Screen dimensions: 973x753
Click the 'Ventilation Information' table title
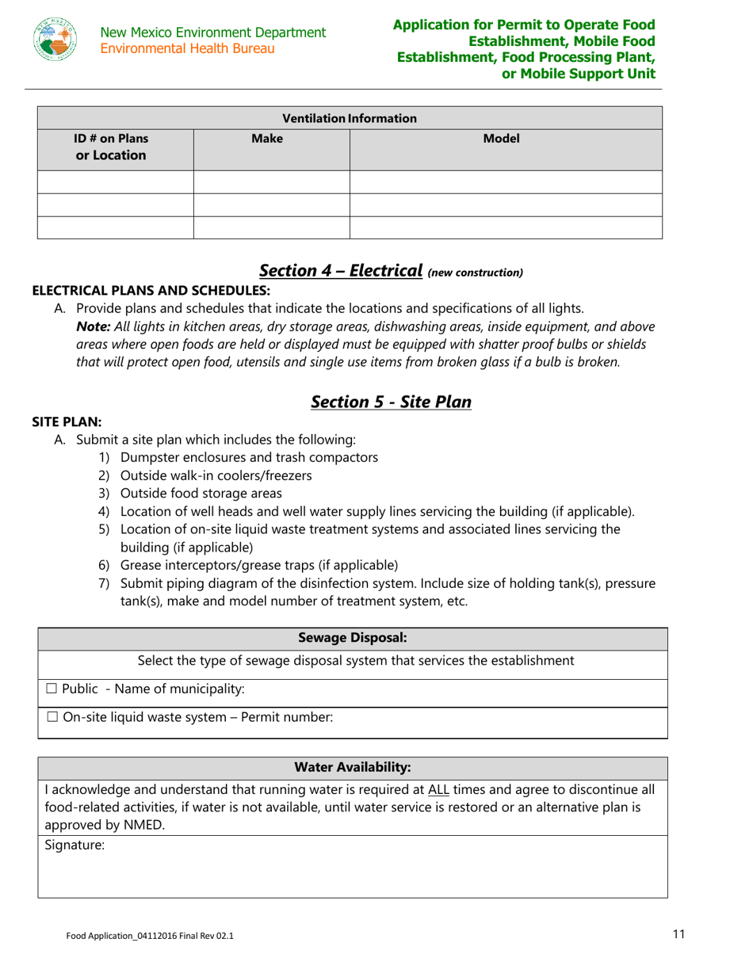pos(350,119)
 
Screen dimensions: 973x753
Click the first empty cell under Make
pos(271,182)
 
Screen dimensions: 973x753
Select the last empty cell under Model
pos(505,227)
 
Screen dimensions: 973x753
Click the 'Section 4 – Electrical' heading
pos(341,270)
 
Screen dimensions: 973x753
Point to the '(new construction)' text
pos(476,273)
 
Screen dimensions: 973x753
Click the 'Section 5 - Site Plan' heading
pos(392,402)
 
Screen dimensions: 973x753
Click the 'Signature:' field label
pos(70,845)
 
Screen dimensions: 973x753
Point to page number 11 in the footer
pos(678,934)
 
